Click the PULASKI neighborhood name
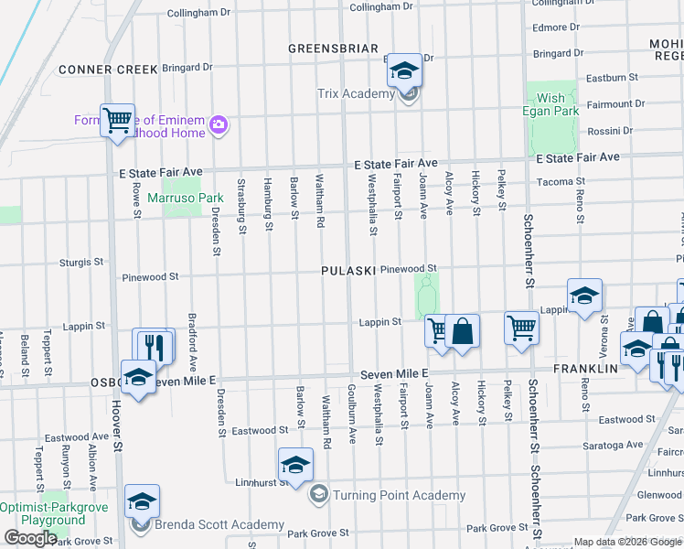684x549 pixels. tap(348, 271)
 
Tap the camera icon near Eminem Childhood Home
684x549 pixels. tap(218, 124)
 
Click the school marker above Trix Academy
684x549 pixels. tap(403, 71)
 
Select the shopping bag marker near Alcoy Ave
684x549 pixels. tap(463, 329)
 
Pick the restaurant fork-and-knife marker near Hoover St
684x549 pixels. tap(153, 346)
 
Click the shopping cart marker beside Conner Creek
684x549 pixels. tap(117, 120)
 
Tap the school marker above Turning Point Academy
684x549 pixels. tap(295, 465)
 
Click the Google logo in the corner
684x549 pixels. tap(31, 538)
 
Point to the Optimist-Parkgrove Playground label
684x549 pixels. tap(42, 513)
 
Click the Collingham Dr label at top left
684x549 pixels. tap(203, 14)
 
